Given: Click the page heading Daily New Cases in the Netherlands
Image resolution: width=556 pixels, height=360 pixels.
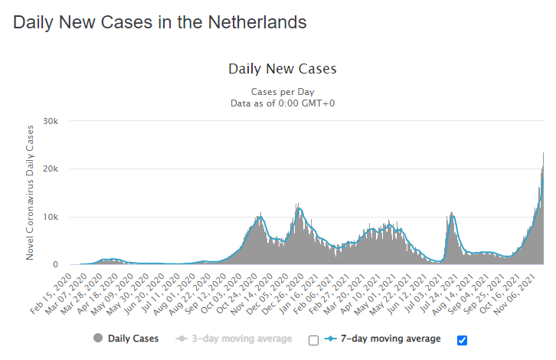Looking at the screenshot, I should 160,22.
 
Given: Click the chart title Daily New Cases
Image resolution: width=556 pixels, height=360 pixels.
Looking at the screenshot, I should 283,69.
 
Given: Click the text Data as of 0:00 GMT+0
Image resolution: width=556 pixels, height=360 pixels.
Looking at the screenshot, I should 283,103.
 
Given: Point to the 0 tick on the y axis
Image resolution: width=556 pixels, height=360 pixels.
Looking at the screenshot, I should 67,264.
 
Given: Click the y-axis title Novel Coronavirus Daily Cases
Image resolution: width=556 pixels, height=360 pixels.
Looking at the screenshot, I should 31,191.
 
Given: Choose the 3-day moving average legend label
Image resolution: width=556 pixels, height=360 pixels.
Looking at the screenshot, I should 240,339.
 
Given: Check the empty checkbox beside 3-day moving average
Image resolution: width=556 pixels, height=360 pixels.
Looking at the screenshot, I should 312,340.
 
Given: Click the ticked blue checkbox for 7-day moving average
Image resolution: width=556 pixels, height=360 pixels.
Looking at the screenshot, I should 462,340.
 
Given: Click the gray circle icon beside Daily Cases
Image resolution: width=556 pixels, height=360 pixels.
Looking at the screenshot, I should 98,339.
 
